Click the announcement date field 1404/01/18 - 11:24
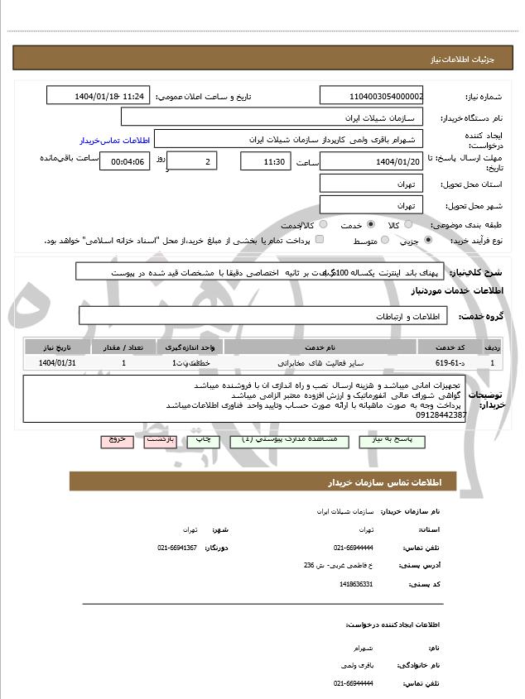click(x=98, y=96)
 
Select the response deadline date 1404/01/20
click(x=371, y=161)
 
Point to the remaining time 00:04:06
click(x=124, y=161)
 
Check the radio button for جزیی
click(x=427, y=241)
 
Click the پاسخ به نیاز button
click(x=390, y=440)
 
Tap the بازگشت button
click(x=160, y=440)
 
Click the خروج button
click(x=117, y=440)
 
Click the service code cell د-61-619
click(x=441, y=363)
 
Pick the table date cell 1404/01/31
click(x=57, y=363)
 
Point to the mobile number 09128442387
click(x=441, y=414)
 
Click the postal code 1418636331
click(x=356, y=585)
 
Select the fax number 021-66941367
click(x=177, y=548)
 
